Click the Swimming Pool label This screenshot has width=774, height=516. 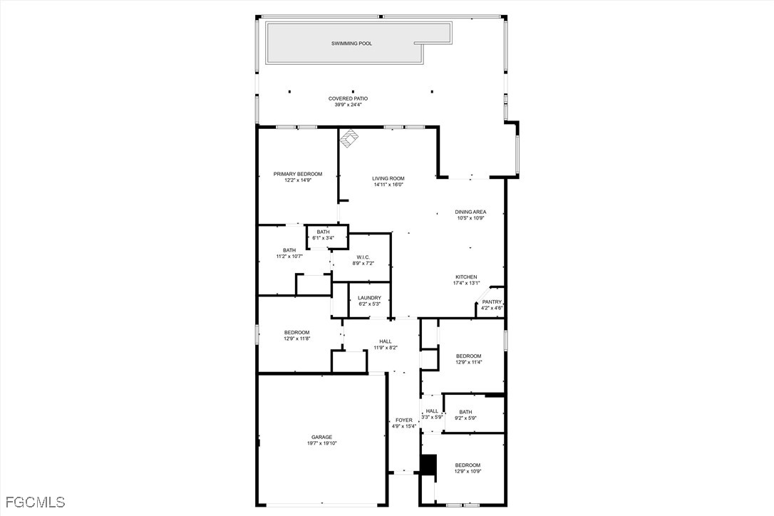pos(351,43)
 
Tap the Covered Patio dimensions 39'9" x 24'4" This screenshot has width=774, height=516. pos(348,105)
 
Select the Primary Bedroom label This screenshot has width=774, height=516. pos(298,174)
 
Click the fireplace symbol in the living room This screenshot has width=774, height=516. pos(350,138)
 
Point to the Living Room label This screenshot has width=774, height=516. pos(388,179)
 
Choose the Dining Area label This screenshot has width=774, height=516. pos(470,212)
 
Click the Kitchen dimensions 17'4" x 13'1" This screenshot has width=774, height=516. pos(466,284)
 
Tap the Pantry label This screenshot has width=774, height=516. pos(492,302)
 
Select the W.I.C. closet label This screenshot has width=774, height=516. pos(363,257)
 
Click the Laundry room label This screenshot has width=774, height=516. pos(369,298)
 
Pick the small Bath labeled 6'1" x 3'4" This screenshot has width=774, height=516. pos(324,235)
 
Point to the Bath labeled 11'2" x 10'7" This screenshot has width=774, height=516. pos(289,253)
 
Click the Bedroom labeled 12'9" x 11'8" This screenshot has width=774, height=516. pos(296,335)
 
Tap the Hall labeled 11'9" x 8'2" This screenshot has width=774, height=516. pos(386,344)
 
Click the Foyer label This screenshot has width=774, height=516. pos(404,420)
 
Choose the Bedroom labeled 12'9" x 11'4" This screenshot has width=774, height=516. pos(468,359)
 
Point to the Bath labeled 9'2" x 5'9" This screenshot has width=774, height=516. pos(465,415)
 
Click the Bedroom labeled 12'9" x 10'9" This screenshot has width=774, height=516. pos(468,468)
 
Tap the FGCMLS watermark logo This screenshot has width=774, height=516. pos(33,502)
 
